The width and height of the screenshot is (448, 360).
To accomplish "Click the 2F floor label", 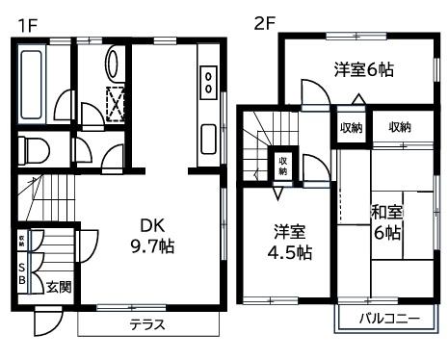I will click(264, 21).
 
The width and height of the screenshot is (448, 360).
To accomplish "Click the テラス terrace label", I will click(146, 323).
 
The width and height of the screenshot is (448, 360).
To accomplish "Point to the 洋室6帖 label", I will click(363, 69).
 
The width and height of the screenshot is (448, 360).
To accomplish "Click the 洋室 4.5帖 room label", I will click(289, 242).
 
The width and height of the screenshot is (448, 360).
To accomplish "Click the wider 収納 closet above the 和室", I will click(400, 126).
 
